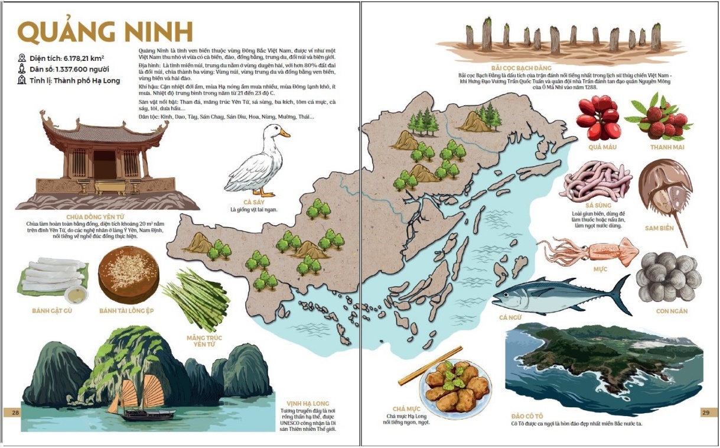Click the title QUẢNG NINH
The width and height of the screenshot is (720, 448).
click(x=105, y=33)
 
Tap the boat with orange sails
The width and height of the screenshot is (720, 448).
click(x=138, y=402)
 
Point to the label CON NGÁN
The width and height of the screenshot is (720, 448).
click(x=672, y=311)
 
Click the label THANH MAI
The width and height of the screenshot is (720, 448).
click(x=667, y=147)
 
